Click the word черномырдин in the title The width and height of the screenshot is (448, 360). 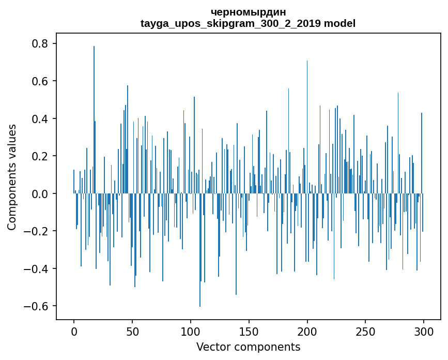click(x=248, y=12)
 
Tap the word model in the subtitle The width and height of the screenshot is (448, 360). click(x=340, y=23)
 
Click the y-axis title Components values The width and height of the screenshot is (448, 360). click(x=12, y=177)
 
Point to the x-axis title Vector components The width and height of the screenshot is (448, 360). click(x=248, y=347)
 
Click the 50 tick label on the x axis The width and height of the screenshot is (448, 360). click(x=132, y=331)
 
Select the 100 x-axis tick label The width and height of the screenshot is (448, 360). click(x=191, y=331)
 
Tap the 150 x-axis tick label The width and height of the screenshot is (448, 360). click(x=249, y=331)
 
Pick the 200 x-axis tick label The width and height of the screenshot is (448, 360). click(x=307, y=331)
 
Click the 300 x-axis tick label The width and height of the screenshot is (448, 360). click(x=424, y=331)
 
